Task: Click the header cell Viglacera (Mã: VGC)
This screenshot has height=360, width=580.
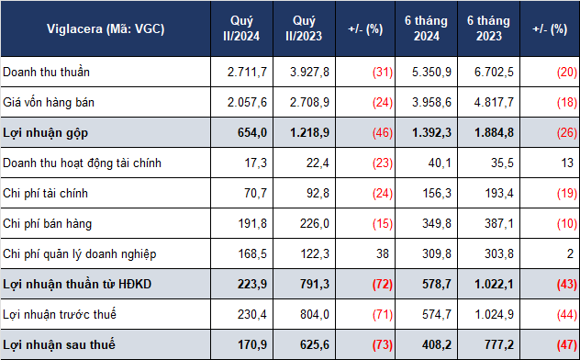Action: click(106, 28)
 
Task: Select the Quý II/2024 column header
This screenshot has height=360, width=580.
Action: click(241, 28)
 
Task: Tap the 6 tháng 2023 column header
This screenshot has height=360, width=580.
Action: click(488, 28)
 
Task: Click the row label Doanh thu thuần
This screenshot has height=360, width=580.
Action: click(46, 72)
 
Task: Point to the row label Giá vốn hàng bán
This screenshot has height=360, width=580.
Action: click(49, 102)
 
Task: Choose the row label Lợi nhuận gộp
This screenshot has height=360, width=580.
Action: click(46, 133)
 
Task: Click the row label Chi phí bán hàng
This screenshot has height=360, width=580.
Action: click(47, 223)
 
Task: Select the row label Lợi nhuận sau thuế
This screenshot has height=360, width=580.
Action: click(59, 344)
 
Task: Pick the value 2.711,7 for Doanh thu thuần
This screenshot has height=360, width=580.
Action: click(247, 72)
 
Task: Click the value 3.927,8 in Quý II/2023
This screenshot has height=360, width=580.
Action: click(309, 72)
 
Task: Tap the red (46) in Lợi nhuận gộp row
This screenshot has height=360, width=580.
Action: click(383, 133)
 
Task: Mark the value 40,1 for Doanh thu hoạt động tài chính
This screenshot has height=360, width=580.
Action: click(440, 163)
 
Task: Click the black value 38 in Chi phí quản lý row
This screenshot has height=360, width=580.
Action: click(383, 253)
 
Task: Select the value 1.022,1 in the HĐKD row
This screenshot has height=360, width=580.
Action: click(494, 284)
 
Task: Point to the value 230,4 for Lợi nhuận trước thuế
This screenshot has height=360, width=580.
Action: click(252, 314)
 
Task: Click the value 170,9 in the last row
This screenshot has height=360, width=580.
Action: click(252, 344)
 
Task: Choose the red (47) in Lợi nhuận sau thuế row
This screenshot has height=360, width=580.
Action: click(567, 344)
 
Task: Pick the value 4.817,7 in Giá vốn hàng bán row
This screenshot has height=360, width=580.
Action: click(494, 102)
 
